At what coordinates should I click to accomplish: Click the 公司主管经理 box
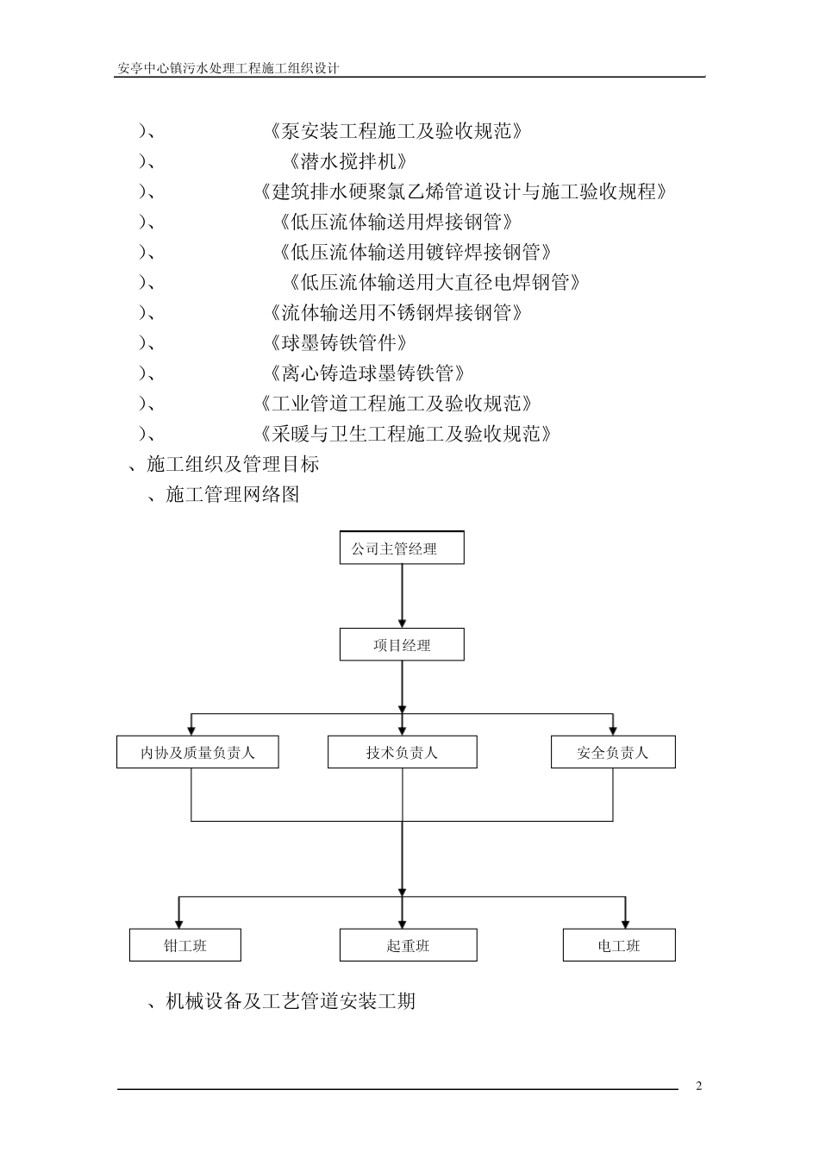pyautogui.click(x=402, y=548)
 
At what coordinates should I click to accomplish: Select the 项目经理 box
pyautogui.click(x=402, y=645)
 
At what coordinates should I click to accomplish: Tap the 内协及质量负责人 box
pyautogui.click(x=197, y=753)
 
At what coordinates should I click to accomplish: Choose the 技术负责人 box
pyautogui.click(x=402, y=753)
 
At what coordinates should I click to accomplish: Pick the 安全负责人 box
pyautogui.click(x=612, y=753)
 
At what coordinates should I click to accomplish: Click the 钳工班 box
pyautogui.click(x=184, y=946)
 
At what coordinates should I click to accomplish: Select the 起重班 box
pyautogui.click(x=408, y=946)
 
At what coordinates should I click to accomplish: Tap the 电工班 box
pyautogui.click(x=618, y=946)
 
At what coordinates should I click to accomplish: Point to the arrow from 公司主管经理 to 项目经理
pyautogui.click(x=402, y=596)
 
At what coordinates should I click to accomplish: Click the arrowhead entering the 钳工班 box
pyautogui.click(x=179, y=923)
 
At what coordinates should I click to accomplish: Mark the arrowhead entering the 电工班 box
pyautogui.click(x=625, y=923)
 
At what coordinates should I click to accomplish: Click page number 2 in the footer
pyautogui.click(x=699, y=1086)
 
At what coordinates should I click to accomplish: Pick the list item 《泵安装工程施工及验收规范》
pyautogui.click(x=396, y=131)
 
